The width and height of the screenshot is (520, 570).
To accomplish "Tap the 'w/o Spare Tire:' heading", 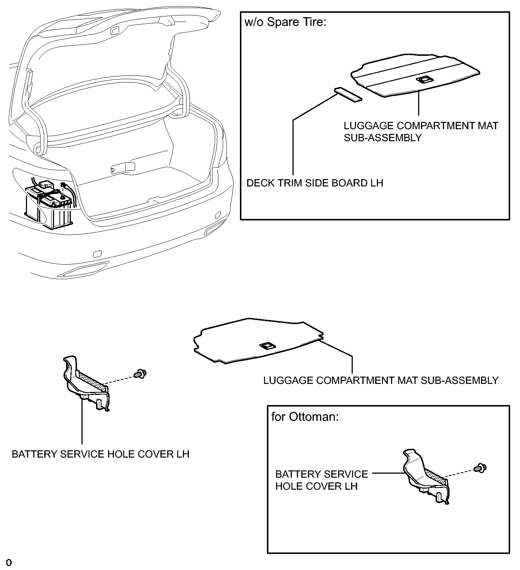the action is [285, 22].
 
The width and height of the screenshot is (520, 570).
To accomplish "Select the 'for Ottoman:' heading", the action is [305, 417].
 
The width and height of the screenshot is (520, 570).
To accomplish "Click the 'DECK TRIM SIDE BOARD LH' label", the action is [315, 183].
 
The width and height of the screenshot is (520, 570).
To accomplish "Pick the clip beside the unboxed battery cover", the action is [140, 373].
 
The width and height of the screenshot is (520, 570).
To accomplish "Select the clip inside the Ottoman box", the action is [480, 467].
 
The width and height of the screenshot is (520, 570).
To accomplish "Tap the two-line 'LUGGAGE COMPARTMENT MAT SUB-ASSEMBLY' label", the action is [421, 132].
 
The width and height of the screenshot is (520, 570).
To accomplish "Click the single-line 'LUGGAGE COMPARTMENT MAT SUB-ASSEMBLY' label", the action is [381, 381].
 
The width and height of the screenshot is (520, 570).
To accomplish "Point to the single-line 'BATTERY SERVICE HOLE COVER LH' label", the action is [100, 454].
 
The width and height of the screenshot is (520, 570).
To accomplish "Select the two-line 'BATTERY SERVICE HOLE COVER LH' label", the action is [321, 480].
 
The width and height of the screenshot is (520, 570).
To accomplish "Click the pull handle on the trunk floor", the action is [123, 168].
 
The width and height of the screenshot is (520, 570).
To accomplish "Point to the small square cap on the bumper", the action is [97, 254].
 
